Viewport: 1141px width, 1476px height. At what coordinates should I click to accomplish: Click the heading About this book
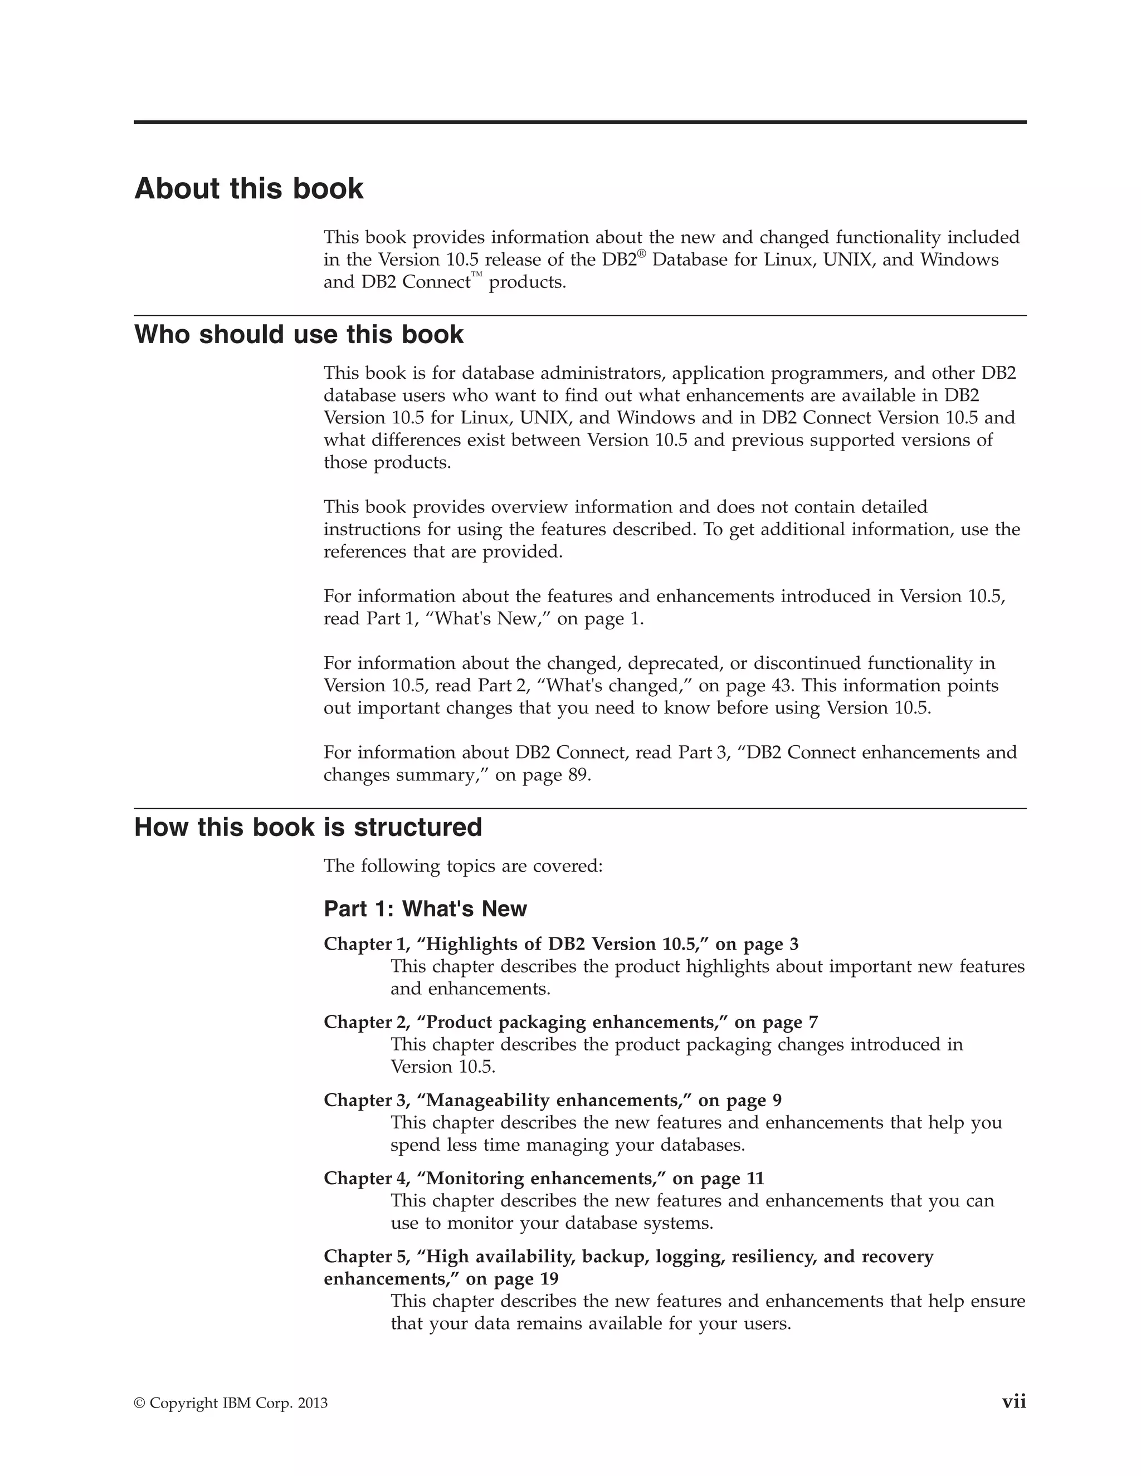click(248, 189)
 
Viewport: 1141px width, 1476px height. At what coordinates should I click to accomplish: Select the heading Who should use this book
click(299, 335)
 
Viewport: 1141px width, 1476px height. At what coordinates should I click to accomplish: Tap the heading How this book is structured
click(308, 827)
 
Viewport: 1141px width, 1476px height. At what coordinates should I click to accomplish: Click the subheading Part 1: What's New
click(425, 909)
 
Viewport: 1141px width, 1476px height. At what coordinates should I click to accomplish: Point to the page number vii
click(1013, 1402)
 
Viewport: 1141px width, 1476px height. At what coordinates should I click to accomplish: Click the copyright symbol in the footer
click(139, 1404)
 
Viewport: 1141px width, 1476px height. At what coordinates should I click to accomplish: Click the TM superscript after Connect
click(477, 275)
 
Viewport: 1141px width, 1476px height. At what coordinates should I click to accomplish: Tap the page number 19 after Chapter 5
click(549, 1279)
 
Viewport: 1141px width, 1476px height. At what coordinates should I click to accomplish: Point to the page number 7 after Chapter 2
click(813, 1023)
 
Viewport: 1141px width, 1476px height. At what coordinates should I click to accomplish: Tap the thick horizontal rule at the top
click(580, 123)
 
